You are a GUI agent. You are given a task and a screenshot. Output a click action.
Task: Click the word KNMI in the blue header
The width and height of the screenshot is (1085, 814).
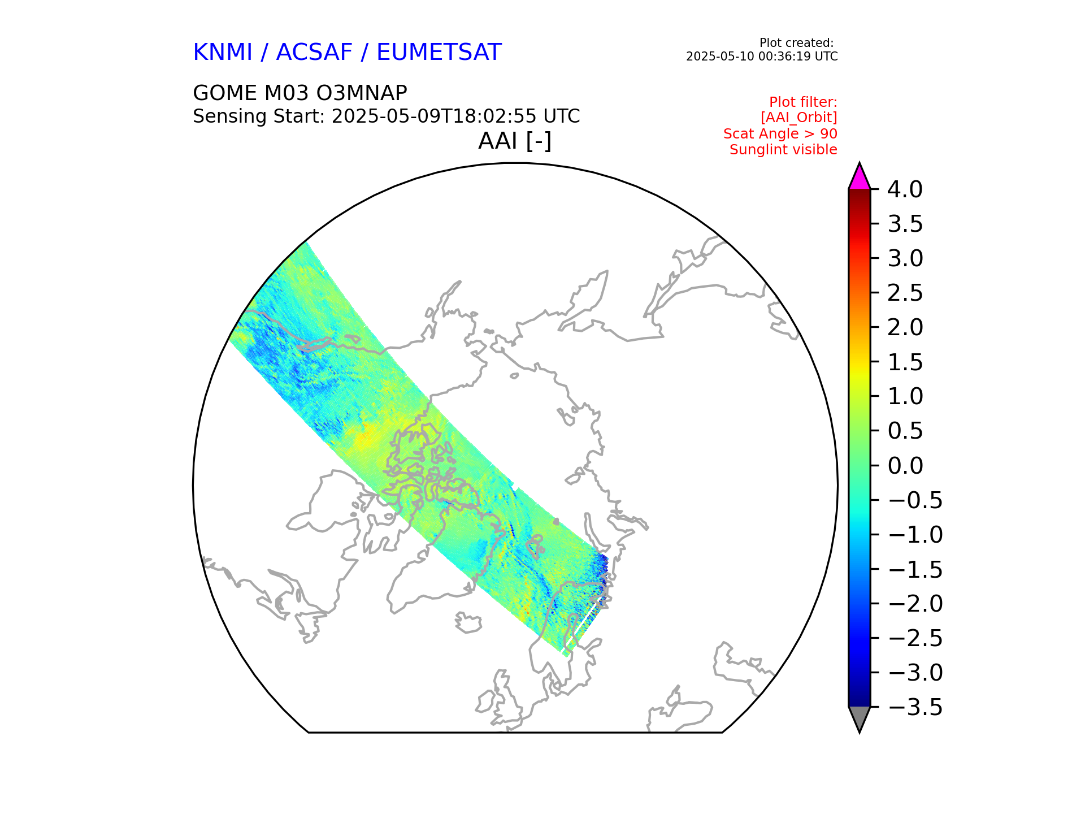pos(222,53)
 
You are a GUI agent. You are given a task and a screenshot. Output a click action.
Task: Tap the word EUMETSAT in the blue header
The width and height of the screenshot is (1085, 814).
pos(439,53)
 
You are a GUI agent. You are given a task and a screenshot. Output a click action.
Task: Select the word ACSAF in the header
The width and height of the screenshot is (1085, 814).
pos(314,53)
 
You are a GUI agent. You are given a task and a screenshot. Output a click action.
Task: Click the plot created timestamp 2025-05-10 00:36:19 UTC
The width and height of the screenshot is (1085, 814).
pos(761,57)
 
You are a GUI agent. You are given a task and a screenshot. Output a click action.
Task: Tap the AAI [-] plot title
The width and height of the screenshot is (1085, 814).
pos(514,141)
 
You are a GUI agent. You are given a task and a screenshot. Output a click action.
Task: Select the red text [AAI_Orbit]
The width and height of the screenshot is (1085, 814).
pos(798,118)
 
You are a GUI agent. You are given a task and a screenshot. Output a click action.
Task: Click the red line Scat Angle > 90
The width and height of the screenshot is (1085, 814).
pos(780,134)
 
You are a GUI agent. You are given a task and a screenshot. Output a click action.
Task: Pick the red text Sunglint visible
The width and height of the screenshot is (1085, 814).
pos(783,150)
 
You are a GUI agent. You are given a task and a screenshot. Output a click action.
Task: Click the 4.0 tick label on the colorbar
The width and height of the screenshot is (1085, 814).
pos(905,190)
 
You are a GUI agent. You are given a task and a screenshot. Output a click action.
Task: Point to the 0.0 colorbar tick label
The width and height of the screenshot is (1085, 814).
pos(905,466)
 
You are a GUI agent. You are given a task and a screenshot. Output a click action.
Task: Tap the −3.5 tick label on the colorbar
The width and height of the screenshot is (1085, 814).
pos(915,707)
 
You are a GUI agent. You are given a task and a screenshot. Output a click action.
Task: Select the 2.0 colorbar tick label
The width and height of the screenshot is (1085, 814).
pos(905,328)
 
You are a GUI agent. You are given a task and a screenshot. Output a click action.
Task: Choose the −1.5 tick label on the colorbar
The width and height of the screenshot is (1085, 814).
pos(915,569)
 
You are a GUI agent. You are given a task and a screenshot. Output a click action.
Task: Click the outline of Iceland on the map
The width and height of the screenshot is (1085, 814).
pos(468,623)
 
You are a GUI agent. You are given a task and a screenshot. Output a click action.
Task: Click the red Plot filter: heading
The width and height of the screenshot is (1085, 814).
pos(803,102)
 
